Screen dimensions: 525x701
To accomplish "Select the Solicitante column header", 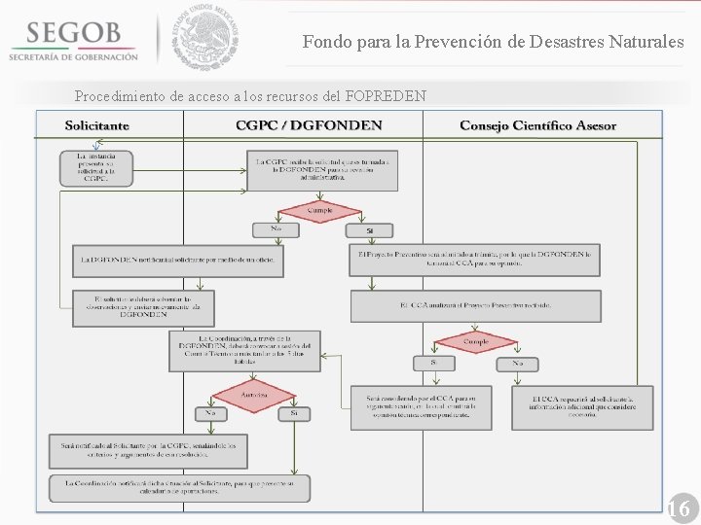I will point(97,125).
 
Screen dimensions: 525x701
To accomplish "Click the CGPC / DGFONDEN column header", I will point(309,125).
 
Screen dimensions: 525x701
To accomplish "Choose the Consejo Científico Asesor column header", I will point(537,125).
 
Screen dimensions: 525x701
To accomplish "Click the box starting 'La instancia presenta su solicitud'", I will point(96,167).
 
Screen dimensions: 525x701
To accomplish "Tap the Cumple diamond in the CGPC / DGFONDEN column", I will point(319,210).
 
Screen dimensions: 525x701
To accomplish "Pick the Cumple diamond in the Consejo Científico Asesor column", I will point(476,342).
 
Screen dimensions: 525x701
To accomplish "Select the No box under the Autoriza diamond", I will point(209,414).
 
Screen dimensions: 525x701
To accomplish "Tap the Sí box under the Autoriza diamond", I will point(294,414).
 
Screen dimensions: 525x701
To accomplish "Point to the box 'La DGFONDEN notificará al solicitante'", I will point(179,260).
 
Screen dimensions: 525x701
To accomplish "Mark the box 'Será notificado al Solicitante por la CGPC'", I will point(147,450).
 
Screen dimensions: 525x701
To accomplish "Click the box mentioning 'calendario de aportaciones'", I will point(179,487).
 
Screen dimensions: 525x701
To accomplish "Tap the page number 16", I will point(679,508).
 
